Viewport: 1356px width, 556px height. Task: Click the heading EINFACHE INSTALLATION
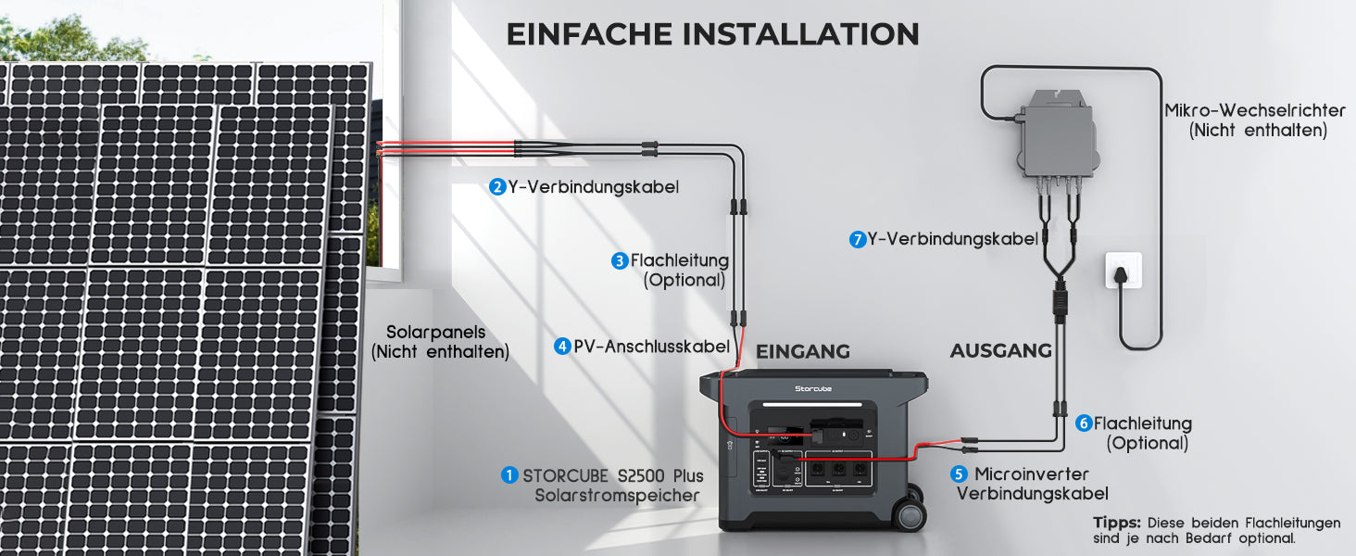click(712, 34)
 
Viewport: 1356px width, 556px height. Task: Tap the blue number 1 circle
click(509, 475)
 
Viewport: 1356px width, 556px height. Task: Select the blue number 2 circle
click(497, 186)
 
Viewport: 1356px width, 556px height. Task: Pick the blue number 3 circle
click(620, 261)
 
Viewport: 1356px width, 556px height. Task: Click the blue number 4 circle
click(562, 347)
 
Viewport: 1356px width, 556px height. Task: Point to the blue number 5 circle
click(959, 474)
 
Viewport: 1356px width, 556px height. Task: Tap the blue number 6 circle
click(1084, 423)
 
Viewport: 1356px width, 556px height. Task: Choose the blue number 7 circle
click(858, 239)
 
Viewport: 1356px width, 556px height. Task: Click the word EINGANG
click(803, 351)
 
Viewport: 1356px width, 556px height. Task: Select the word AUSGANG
click(1000, 350)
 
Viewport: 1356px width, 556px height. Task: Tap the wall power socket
click(1124, 271)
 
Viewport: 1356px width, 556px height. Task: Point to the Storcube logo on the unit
click(813, 389)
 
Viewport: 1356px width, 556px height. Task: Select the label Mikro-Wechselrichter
click(1255, 110)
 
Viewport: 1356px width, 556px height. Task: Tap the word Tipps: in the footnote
click(1116, 522)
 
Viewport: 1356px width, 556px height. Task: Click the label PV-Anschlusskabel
click(651, 347)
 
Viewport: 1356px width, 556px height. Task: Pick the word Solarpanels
click(436, 332)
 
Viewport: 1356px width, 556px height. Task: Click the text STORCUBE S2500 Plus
click(613, 476)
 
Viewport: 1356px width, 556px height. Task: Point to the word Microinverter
click(1032, 474)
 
